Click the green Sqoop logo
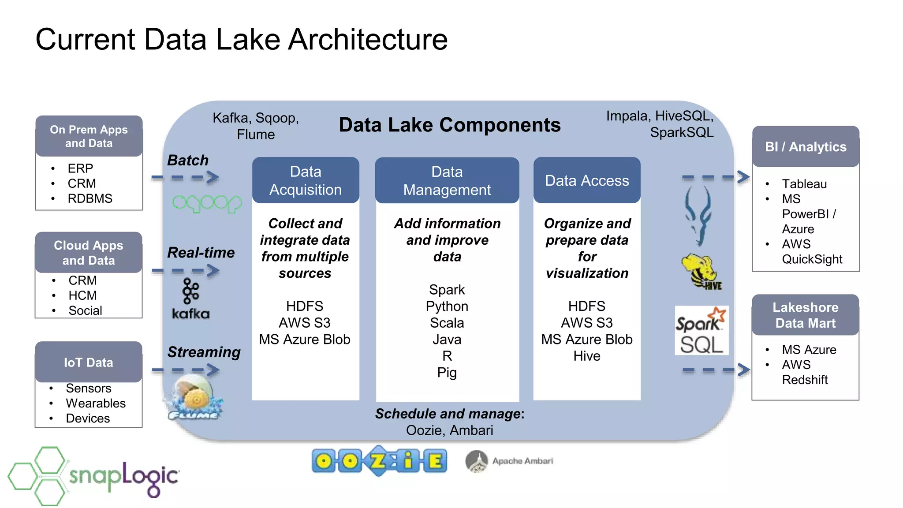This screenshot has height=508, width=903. click(x=206, y=204)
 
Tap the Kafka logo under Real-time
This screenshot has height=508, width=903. click(x=191, y=299)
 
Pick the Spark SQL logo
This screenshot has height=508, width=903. click(x=701, y=331)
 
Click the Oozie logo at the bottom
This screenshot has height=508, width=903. click(x=379, y=461)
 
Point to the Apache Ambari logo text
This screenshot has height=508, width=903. click(x=522, y=461)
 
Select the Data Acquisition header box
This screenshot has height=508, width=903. click(x=306, y=180)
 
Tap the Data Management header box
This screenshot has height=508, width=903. click(x=447, y=180)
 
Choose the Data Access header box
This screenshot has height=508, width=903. click(x=586, y=180)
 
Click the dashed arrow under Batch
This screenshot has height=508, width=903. click(x=185, y=178)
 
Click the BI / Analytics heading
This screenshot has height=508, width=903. click(x=806, y=147)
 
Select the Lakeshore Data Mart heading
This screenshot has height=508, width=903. click(x=806, y=315)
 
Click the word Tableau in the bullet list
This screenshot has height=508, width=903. click(x=804, y=184)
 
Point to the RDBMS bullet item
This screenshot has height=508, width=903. click(x=90, y=198)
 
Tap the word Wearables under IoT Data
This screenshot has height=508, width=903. click(x=96, y=403)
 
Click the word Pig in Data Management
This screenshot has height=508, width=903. click(x=447, y=373)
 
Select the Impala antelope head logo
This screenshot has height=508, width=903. click(x=698, y=215)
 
